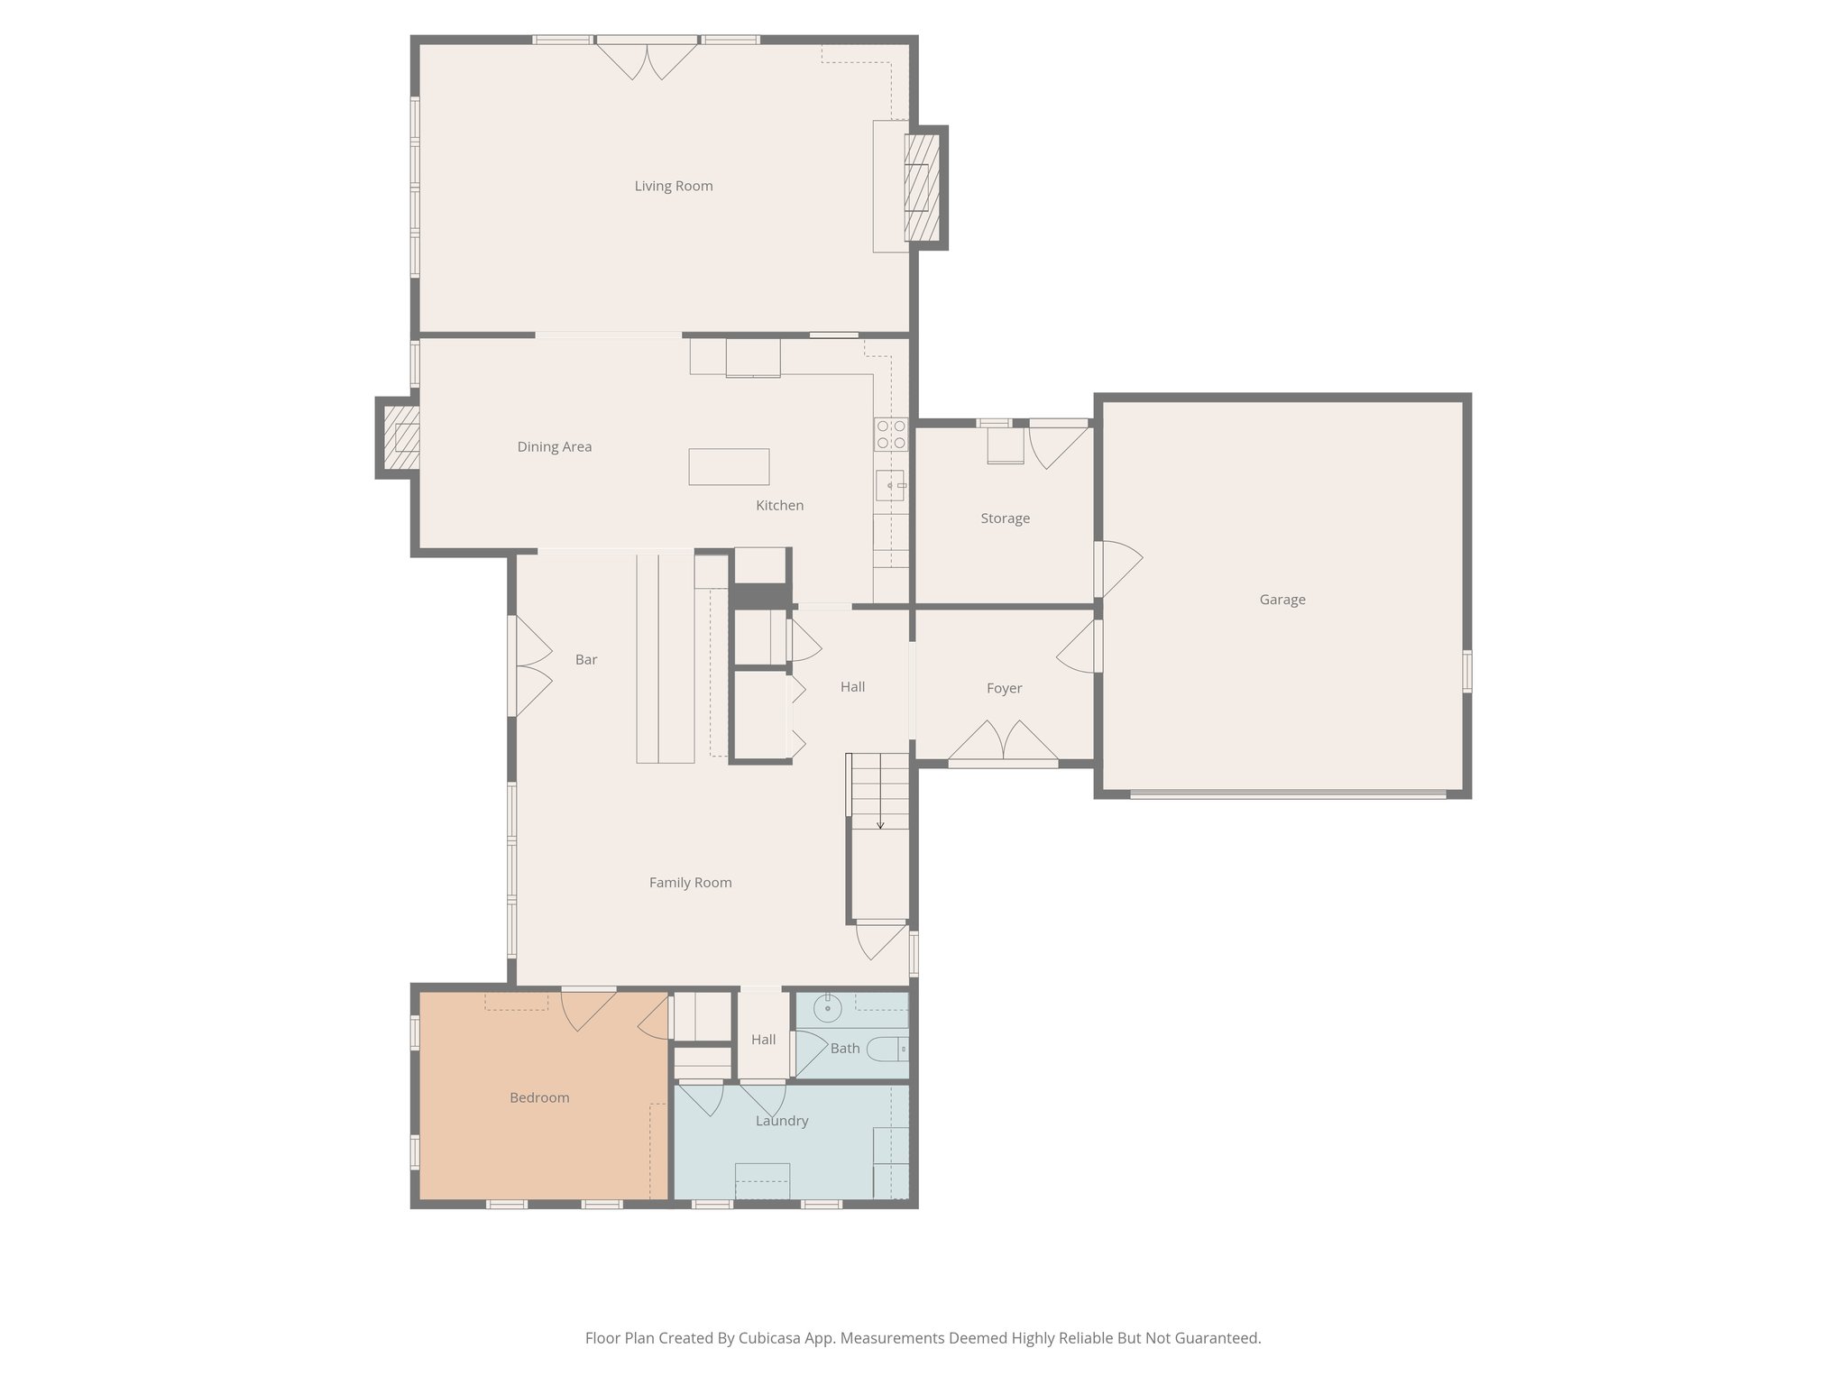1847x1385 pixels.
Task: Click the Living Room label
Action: click(x=673, y=187)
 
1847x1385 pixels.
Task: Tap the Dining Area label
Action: click(x=554, y=447)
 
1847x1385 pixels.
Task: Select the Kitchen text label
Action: click(x=779, y=506)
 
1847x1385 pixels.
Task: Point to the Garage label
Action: click(x=1282, y=600)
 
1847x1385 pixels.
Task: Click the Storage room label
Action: click(x=1005, y=518)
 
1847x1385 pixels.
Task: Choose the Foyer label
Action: click(x=1004, y=689)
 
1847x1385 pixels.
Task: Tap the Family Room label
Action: click(x=690, y=883)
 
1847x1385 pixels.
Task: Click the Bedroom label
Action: click(x=539, y=1098)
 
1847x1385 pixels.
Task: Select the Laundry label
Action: click(x=781, y=1121)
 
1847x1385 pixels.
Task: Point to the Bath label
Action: click(x=845, y=1049)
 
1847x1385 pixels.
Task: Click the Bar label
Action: click(x=586, y=660)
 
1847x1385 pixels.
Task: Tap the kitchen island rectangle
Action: click(x=729, y=467)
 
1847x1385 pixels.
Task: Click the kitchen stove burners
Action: click(x=891, y=435)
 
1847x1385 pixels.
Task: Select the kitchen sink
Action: click(x=890, y=486)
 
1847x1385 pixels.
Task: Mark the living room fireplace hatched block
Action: click(x=922, y=187)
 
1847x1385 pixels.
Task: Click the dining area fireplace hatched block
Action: click(x=401, y=437)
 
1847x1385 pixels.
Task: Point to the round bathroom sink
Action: click(x=827, y=1006)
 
